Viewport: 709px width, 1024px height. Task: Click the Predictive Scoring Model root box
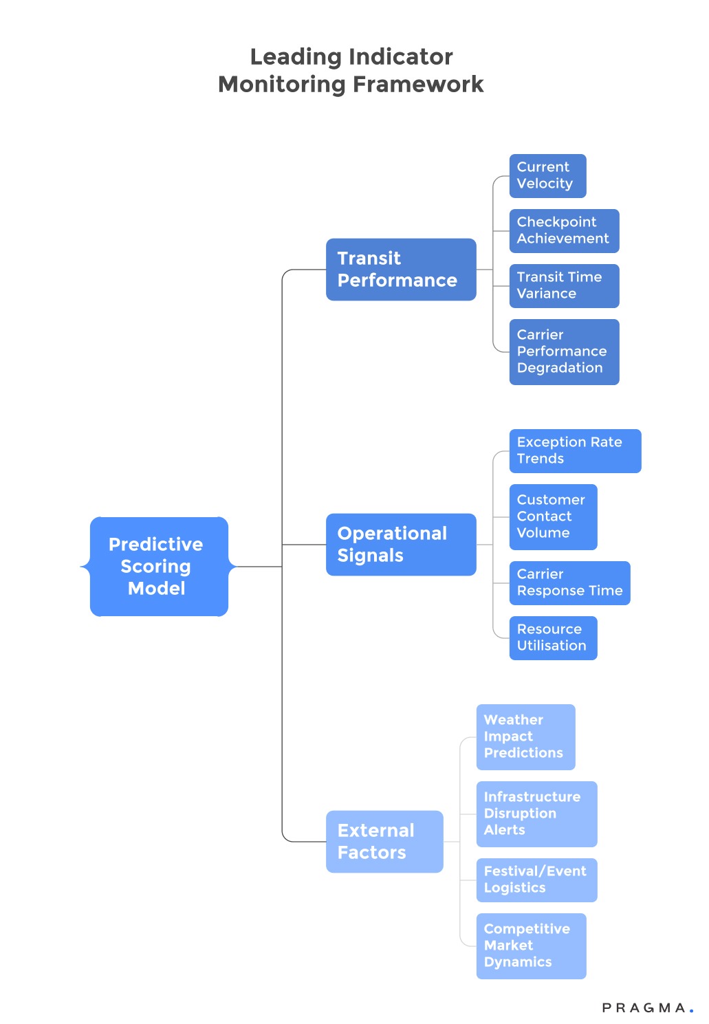[x=159, y=566]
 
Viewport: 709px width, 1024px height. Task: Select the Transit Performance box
[x=401, y=270]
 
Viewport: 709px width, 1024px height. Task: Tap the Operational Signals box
[x=401, y=545]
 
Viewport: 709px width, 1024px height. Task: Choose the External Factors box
[x=384, y=842]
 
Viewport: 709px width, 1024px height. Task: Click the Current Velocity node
[x=547, y=176]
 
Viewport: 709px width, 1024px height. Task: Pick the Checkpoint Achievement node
[x=564, y=231]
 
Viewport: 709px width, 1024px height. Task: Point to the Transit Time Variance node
[x=564, y=286]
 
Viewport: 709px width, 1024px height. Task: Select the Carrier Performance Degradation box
[x=564, y=351]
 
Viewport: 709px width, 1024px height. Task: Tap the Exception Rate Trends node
[x=575, y=451]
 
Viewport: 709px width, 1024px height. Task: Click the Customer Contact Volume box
[x=553, y=517]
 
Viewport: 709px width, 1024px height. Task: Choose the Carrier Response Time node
[x=569, y=583]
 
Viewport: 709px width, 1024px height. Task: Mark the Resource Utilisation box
[x=553, y=638]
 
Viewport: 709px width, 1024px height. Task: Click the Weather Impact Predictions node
[x=525, y=737]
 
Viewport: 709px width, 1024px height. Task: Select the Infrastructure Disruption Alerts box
[x=536, y=814]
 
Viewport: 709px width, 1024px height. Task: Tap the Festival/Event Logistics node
[x=536, y=880]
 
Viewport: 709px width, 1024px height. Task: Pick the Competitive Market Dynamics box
[x=531, y=946]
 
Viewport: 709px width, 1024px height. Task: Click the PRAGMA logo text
[x=644, y=1008]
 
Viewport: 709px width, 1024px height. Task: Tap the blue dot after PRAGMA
[x=691, y=1011]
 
